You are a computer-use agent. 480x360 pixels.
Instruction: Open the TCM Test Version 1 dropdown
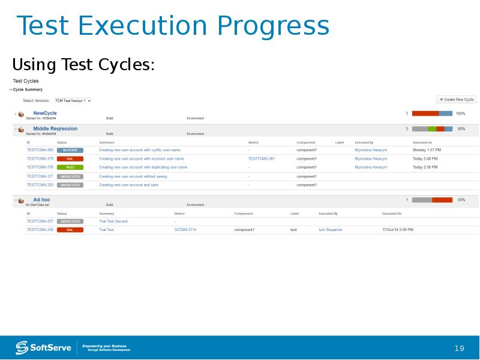click(73, 101)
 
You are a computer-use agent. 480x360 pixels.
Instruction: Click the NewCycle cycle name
click(45, 113)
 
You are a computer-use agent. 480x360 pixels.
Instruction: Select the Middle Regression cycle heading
click(55, 128)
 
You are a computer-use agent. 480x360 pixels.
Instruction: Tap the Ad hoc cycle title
click(41, 199)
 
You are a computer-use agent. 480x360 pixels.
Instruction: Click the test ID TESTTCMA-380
click(40, 150)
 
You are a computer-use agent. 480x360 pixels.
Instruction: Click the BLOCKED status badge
click(70, 150)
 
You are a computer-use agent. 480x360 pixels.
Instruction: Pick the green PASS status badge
click(70, 167)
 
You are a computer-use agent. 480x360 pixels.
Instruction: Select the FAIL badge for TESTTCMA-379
click(70, 158)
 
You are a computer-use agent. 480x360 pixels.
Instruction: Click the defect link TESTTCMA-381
click(262, 158)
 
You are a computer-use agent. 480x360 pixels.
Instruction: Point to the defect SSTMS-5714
click(185, 230)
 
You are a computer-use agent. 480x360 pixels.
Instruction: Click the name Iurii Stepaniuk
click(331, 230)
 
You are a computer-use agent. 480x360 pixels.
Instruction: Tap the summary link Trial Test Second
click(113, 221)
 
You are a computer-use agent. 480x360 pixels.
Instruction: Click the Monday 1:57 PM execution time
click(427, 150)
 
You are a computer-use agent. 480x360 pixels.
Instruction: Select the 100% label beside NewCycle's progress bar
click(460, 113)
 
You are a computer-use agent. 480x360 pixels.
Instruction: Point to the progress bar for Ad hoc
click(432, 200)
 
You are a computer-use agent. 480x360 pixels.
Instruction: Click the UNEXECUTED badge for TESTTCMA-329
click(70, 185)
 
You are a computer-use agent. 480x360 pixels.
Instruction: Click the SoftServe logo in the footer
click(43, 347)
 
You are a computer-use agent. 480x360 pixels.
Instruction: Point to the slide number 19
click(460, 349)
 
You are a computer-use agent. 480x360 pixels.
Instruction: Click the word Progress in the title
click(273, 26)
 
